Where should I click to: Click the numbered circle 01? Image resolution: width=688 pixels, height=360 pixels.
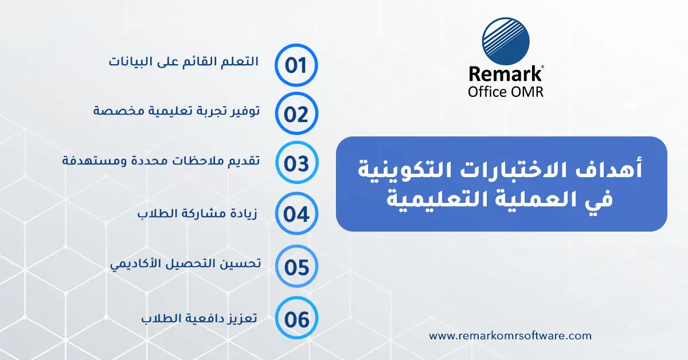pos(296,64)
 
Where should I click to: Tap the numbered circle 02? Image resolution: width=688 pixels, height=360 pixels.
pos(296,114)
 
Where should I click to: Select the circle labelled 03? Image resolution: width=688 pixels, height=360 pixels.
pos(296,163)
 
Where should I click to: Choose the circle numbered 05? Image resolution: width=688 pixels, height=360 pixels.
pos(296,267)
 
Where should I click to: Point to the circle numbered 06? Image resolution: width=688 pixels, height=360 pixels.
pos(296,319)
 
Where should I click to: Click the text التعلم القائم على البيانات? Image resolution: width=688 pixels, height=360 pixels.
pos(184,61)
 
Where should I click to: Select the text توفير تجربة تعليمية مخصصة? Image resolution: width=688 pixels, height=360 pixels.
pos(177,111)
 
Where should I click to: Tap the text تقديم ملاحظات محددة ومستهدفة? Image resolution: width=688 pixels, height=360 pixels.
pos(161,160)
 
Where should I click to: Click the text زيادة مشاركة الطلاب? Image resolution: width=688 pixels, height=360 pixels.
pos(197,214)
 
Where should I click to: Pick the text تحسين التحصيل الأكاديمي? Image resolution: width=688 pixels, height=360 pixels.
pos(185,264)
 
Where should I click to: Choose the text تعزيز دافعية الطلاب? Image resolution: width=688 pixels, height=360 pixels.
pos(199,318)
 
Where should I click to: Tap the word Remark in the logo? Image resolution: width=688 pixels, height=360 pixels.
pos(505,75)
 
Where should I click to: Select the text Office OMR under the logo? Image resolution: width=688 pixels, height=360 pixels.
pos(505,92)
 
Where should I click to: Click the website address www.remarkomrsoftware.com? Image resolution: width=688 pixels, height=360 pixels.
pos(510,336)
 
